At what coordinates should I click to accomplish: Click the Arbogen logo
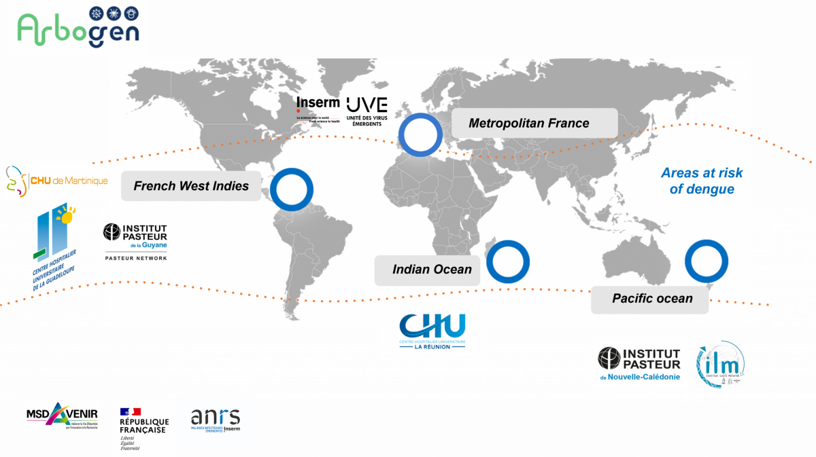pyautogui.click(x=77, y=29)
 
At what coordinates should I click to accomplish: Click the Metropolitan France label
pyautogui.click(x=529, y=123)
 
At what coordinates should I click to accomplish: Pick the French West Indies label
pyautogui.click(x=191, y=186)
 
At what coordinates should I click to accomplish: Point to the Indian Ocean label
pyautogui.click(x=432, y=270)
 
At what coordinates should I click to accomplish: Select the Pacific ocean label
pyautogui.click(x=652, y=299)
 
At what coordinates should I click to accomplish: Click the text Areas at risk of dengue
pyautogui.click(x=702, y=181)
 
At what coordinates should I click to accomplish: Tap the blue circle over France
pyautogui.click(x=420, y=134)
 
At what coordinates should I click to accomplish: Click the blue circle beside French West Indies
pyautogui.click(x=292, y=189)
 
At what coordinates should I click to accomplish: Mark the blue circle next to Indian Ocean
pyautogui.click(x=507, y=261)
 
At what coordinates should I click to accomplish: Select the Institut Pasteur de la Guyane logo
pyautogui.click(x=135, y=242)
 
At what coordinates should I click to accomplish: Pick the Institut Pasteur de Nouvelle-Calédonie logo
pyautogui.click(x=641, y=363)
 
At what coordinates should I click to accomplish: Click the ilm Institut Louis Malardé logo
pyautogui.click(x=721, y=365)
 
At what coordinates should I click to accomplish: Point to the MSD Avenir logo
pyautogui.click(x=62, y=416)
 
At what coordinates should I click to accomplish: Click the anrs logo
pyautogui.click(x=216, y=420)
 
